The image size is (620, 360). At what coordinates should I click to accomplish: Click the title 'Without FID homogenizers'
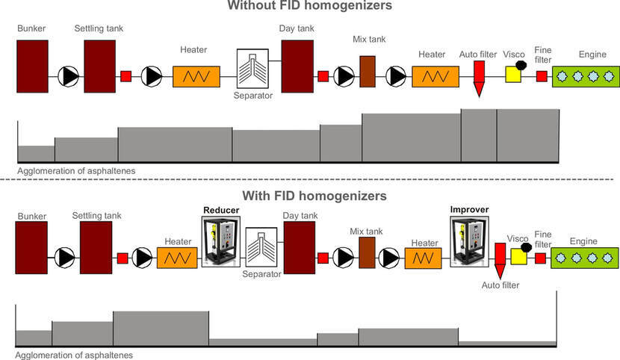pos(310,7)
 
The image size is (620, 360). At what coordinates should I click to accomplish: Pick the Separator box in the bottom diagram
pos(261,247)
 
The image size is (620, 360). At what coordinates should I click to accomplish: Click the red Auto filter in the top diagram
pos(480,78)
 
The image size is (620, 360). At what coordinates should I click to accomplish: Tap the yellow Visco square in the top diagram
pos(513,75)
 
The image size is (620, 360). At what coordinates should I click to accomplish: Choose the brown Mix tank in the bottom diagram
pos(366,249)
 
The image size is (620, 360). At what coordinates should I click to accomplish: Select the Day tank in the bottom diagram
pos(299,247)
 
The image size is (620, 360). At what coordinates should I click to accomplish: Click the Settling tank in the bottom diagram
pos(96,247)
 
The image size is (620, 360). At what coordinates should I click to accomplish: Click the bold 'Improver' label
pos(466,211)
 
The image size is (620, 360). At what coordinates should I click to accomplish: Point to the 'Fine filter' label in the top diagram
pos(543,55)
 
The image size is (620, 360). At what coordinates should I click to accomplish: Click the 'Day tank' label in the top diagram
pos(297,28)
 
